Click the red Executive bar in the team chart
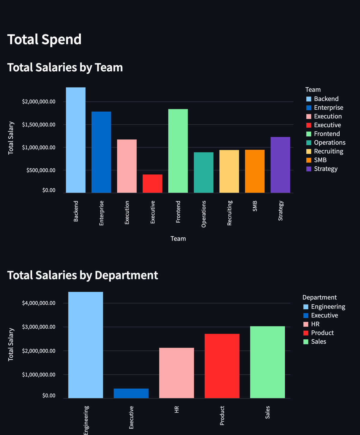pos(152,183)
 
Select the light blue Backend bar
pos(76,140)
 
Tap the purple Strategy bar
pos(280,165)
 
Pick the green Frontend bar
pos(178,151)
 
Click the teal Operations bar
pos(203,172)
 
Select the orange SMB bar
pos(255,171)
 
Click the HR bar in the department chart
pos(176,373)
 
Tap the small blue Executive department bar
pos(131,393)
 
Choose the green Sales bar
pos(267,362)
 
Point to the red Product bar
pos(222,366)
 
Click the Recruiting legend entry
pos(328,151)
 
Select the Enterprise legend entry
pos(328,108)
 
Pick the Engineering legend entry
pos(328,307)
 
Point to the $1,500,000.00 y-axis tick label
pos(39,125)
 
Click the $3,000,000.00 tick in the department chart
pos(39,327)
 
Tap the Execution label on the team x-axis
pos(127,213)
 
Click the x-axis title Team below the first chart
pos(178,239)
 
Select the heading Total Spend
pos(44,40)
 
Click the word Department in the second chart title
pos(126,275)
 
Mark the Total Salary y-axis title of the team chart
pos(11,138)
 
